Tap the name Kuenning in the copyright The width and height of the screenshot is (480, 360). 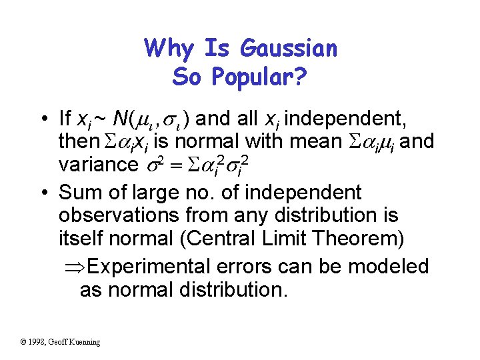(x=82, y=342)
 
